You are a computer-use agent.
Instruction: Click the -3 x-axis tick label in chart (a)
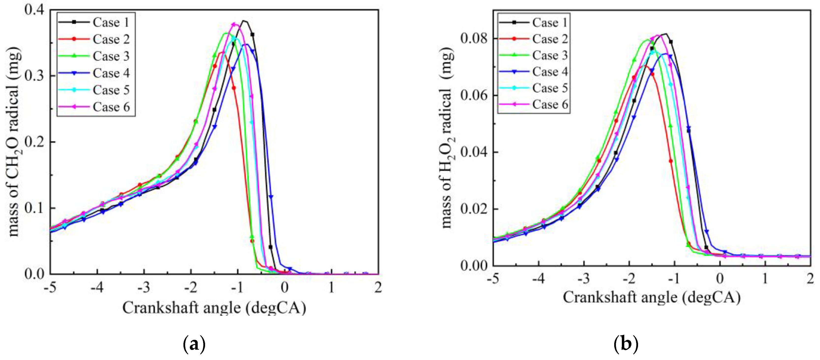click(144, 288)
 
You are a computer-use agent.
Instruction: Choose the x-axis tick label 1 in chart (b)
click(765, 279)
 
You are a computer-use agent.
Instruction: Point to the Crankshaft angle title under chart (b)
click(651, 298)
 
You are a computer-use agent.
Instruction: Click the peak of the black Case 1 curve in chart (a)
click(244, 21)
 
